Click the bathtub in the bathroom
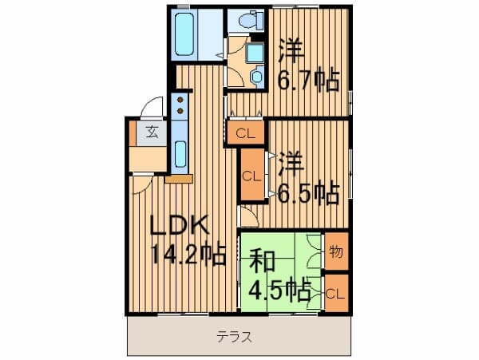click(184, 34)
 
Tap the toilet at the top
click(251, 20)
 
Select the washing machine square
click(255, 53)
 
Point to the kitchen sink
click(180, 154)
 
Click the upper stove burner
click(180, 100)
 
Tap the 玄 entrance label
click(152, 132)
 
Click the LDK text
click(180, 225)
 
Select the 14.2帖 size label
click(188, 255)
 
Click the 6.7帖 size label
click(308, 81)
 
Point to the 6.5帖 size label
click(308, 193)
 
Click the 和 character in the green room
click(262, 260)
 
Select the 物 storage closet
click(336, 251)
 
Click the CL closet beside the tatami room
click(336, 293)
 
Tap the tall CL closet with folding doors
click(252, 175)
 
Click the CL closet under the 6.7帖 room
click(245, 133)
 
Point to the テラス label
click(234, 337)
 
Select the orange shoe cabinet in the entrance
click(133, 134)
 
